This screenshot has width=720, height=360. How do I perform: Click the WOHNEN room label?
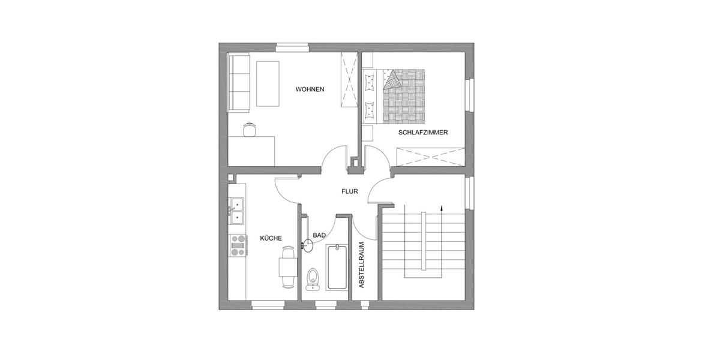point(310,89)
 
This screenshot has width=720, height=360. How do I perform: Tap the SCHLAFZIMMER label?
point(423,132)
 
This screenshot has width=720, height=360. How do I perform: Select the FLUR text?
point(349,193)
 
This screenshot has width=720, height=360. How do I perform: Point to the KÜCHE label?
point(271,238)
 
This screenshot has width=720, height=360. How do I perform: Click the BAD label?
point(319,236)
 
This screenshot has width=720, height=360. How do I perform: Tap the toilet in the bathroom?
point(313,278)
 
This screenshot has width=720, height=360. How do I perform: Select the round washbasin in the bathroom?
point(308,244)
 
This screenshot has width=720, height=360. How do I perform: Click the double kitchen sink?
point(237,211)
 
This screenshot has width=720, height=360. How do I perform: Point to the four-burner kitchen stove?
point(238,245)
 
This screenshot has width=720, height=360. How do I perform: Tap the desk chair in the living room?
point(250,128)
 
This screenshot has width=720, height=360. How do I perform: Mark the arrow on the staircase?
point(441,208)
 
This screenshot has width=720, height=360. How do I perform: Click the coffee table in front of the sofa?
point(268,82)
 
